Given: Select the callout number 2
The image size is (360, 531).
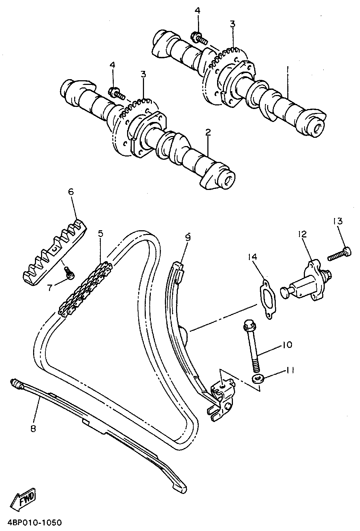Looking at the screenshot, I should coord(208,132).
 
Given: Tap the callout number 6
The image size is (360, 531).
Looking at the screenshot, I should coord(71,192).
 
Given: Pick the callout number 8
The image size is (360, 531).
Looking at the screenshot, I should coord(33,428).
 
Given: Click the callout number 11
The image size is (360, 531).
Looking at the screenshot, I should coord(290,369).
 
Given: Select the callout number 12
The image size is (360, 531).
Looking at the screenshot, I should coord(302,234).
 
